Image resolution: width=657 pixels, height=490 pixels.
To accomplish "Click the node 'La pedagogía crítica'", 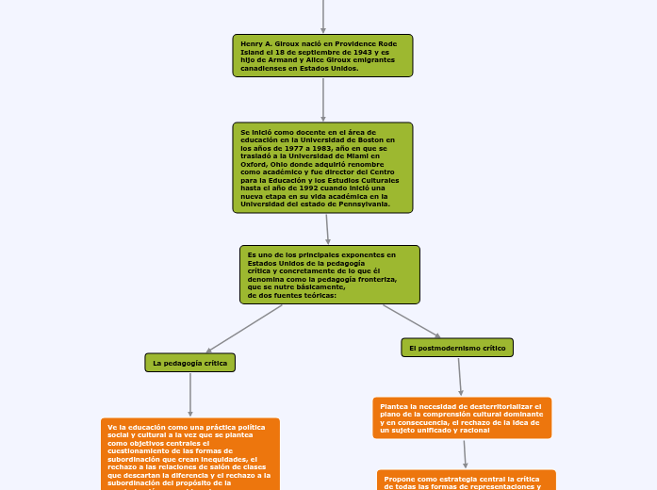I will pyautogui.click(x=189, y=363).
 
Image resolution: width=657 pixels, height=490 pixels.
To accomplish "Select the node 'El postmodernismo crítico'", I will pyautogui.click(x=457, y=348).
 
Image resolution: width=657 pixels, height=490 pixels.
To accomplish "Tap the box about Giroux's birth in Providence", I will pyautogui.click(x=322, y=56).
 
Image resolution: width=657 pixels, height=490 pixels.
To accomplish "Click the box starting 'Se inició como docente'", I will pyautogui.click(x=322, y=168).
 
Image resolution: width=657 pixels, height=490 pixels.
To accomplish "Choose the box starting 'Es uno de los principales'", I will pyautogui.click(x=329, y=274).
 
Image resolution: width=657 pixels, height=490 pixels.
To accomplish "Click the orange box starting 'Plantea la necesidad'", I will pyautogui.click(x=462, y=417).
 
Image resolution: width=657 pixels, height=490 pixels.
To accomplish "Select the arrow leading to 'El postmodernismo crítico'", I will pyautogui.click(x=412, y=320).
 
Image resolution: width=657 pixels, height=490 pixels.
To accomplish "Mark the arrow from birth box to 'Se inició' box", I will pyautogui.click(x=323, y=99).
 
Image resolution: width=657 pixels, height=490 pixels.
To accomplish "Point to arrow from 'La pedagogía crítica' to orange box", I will pyautogui.click(x=190, y=394).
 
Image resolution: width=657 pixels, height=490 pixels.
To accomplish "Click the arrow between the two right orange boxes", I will pyautogui.click(x=465, y=454).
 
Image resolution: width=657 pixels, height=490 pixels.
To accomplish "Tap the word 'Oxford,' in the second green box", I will pyautogui.click(x=255, y=164).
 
